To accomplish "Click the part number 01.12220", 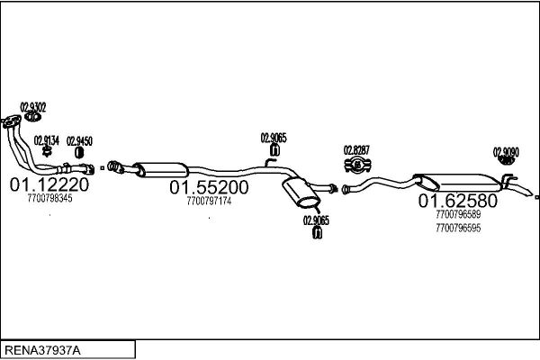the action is click(49, 184).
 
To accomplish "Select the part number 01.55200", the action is click(209, 187).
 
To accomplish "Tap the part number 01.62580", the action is click(458, 201).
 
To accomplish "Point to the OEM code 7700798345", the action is click(49, 198).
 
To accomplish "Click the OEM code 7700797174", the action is click(209, 201).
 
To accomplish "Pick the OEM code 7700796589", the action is click(458, 214).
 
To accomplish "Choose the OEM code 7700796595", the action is click(458, 228).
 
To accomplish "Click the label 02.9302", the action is click(33, 107).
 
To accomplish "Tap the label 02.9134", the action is click(47, 140).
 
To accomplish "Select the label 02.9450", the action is click(79, 141).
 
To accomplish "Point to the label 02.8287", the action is click(356, 150).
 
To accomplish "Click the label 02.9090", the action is click(506, 152).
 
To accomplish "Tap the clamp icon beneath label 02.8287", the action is click(357, 166).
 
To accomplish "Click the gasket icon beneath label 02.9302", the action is click(33, 117).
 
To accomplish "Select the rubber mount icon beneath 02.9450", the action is click(79, 153).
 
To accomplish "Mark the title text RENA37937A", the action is click(42, 350).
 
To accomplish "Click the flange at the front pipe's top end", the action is click(11, 122).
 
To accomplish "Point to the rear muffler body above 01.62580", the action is click(459, 183).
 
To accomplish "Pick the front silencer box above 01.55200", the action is click(161, 169).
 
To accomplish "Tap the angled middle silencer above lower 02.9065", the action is click(301, 193).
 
